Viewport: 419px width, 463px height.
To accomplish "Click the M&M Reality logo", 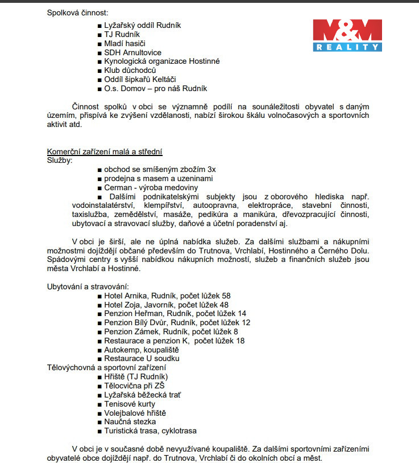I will (347, 35).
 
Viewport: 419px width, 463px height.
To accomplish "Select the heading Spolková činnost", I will (78, 13).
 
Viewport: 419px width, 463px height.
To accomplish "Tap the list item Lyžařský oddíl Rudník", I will (142, 26).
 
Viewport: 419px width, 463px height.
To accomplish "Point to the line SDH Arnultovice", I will (133, 52).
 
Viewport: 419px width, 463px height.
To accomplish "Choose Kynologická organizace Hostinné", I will (161, 62).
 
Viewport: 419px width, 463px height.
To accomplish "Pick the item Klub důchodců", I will (130, 71).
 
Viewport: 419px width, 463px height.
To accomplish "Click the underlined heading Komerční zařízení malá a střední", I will (105, 151).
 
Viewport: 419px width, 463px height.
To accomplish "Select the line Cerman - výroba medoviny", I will (151, 187).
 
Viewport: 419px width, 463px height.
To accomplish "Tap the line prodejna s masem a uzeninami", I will (158, 179).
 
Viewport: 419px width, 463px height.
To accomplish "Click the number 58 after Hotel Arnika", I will (226, 296).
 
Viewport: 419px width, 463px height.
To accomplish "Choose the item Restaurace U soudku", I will (142, 358).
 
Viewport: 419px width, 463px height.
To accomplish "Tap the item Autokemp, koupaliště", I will (141, 350).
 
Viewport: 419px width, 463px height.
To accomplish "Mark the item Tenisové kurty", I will (130, 404).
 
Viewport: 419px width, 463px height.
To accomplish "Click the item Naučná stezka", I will (130, 422).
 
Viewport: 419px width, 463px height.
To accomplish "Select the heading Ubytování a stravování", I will (88, 286).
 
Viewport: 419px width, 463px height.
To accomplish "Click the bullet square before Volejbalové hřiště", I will (99, 413).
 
